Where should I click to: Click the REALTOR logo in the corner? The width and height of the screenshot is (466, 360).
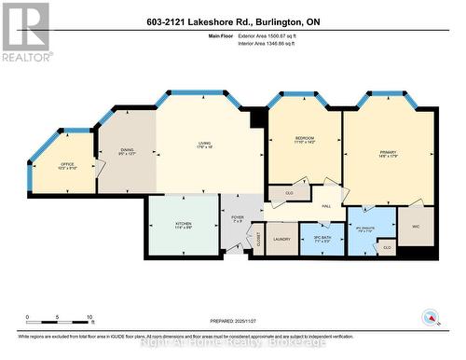pyautogui.click(x=26, y=31)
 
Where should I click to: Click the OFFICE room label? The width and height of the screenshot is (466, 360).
pyautogui.click(x=67, y=165)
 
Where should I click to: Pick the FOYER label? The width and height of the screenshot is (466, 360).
pyautogui.click(x=238, y=218)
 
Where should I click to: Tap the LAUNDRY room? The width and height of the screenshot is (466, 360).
pyautogui.click(x=281, y=239)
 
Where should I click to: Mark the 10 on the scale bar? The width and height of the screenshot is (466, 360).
pyautogui.click(x=89, y=318)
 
